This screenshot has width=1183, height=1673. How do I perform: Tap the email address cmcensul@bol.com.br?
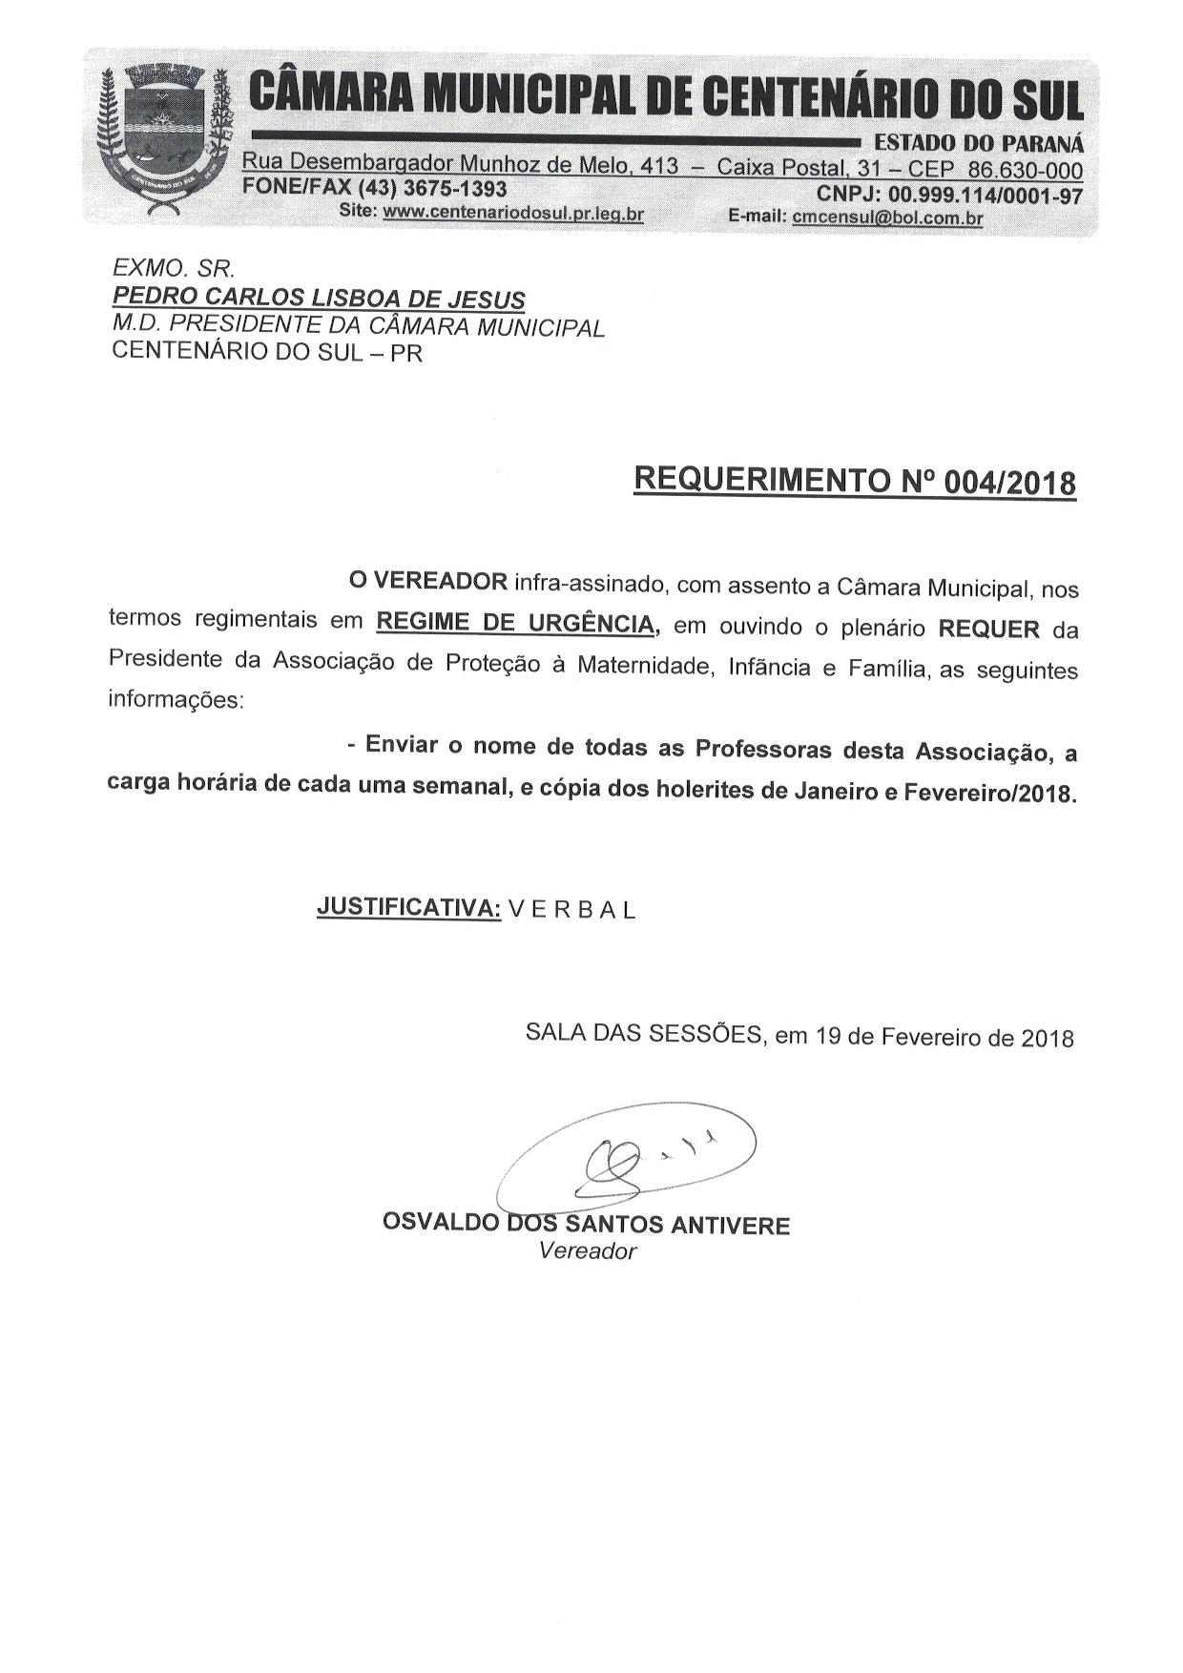pos(887,217)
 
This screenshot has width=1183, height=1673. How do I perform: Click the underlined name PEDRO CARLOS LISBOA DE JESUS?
pos(319,299)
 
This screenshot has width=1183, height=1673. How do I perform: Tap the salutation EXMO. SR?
pos(174,270)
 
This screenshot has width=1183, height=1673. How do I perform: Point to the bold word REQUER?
pos(989,630)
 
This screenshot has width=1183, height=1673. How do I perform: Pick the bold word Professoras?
pos(764,749)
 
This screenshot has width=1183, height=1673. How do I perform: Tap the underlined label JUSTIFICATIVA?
pos(408,907)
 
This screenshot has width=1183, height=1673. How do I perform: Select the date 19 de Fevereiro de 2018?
pos(944,1037)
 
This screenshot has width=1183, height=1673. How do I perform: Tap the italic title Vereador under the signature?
pos(587,1251)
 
